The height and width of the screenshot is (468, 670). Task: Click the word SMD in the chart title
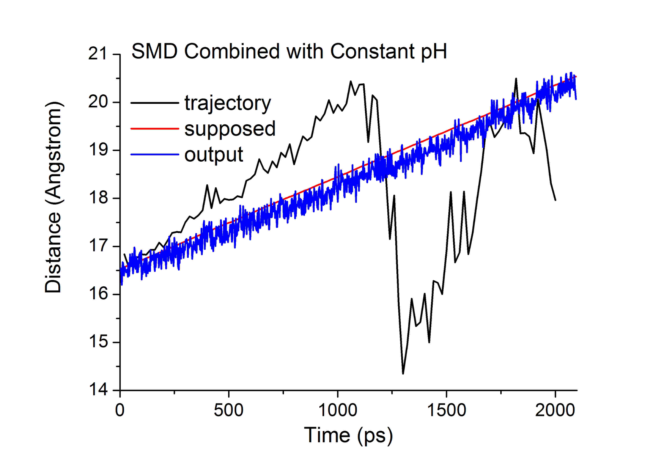154,51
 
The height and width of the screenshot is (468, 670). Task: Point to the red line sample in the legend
154,129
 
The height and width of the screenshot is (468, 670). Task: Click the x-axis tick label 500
229,410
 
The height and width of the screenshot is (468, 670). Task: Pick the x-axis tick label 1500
446,410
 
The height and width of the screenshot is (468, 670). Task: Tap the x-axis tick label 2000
555,410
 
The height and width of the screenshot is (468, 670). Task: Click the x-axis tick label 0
120,410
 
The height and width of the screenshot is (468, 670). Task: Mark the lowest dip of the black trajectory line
403,373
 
